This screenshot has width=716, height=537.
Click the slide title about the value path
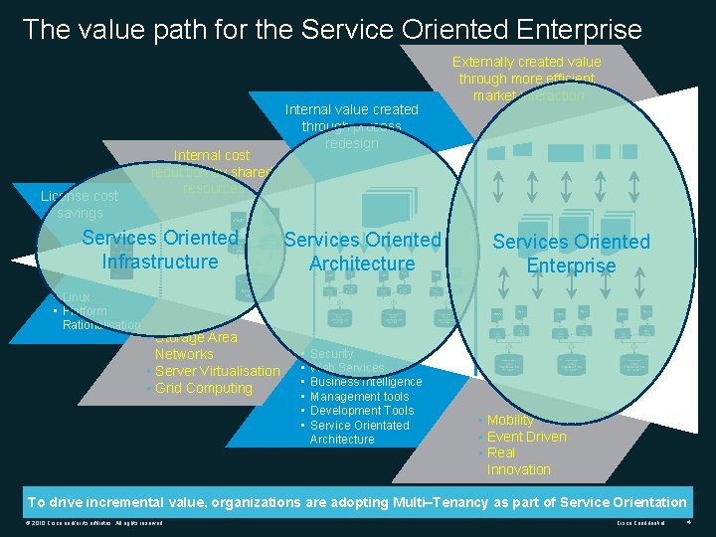(x=332, y=29)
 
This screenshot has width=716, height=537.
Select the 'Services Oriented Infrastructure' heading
(x=160, y=250)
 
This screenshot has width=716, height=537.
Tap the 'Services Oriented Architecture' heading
(x=362, y=252)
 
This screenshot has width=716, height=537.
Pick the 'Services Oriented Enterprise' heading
(x=571, y=254)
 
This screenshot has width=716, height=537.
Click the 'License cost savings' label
(x=80, y=205)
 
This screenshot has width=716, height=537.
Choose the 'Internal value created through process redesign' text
(x=352, y=126)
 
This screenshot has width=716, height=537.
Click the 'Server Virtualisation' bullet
(x=218, y=371)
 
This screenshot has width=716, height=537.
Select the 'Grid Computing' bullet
(x=204, y=388)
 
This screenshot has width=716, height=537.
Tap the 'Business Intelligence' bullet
(x=366, y=382)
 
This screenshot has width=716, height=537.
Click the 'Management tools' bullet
(x=359, y=397)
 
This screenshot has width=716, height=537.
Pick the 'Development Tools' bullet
(x=362, y=411)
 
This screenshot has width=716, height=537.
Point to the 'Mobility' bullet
(x=510, y=420)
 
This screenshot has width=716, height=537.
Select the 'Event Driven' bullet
(x=526, y=437)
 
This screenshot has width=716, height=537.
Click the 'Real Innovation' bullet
(x=518, y=460)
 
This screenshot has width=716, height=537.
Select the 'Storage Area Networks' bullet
(x=195, y=345)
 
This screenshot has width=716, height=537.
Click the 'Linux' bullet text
(x=76, y=297)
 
